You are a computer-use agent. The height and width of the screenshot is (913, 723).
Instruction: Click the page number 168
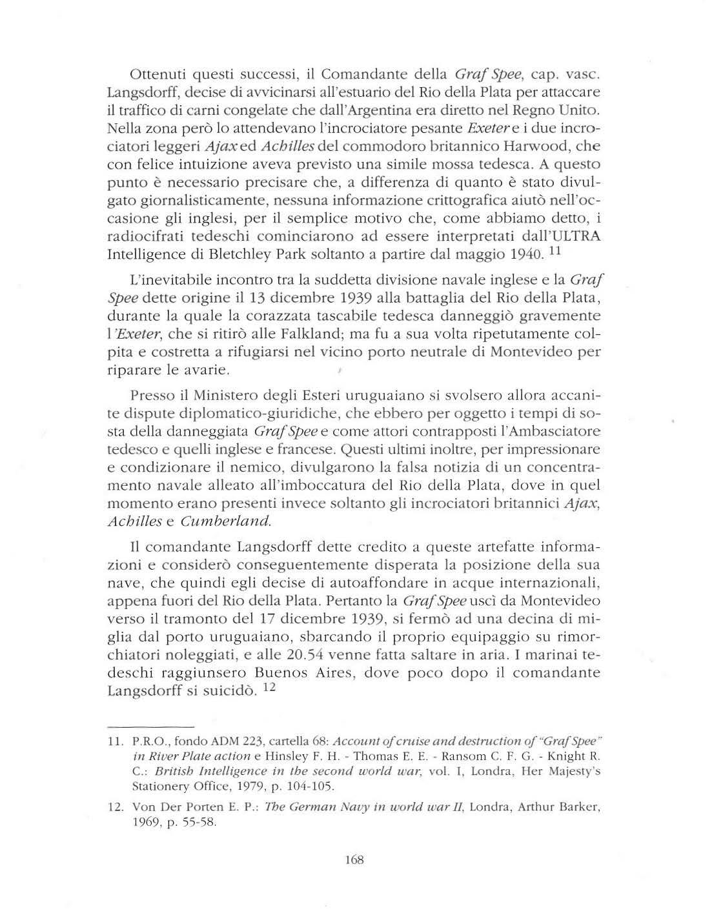click(355, 860)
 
